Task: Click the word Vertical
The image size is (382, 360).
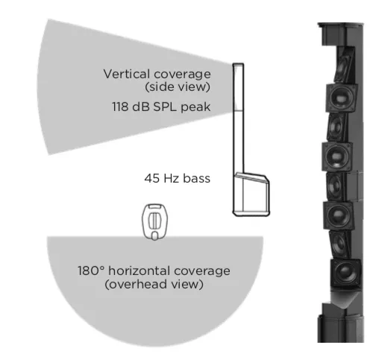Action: point(127,74)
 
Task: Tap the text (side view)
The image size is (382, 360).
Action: point(178,86)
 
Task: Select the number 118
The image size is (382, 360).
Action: point(120,107)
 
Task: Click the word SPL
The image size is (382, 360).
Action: point(164,107)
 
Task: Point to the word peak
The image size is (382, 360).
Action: point(195,107)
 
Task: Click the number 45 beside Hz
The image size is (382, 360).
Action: point(152,178)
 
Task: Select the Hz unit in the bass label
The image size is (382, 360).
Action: point(171,178)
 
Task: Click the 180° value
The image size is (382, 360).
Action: point(91,271)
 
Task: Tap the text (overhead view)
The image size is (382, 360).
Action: point(154,284)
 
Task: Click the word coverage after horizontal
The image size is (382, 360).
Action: point(202,271)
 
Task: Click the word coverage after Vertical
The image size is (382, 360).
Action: point(182,75)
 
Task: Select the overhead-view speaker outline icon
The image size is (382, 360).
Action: point(154,222)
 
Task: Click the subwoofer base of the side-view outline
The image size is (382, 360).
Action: point(251,195)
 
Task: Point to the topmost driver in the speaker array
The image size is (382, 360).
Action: point(344,65)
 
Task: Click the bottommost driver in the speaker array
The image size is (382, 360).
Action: point(345,274)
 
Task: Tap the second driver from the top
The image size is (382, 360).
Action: point(342,98)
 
